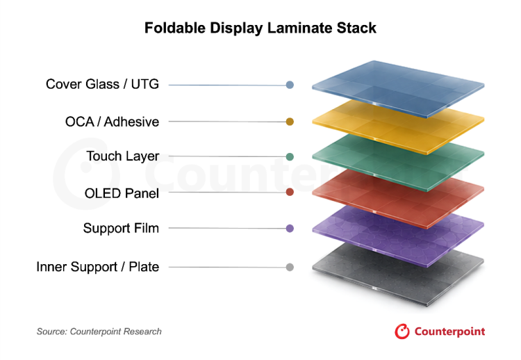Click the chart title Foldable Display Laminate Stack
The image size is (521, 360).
[260, 28]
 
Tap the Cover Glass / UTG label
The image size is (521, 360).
[102, 84]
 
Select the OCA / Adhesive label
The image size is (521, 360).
[112, 122]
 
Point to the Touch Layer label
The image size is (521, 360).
[122, 156]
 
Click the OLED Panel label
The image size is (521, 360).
[122, 193]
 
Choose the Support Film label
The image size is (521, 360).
[121, 228]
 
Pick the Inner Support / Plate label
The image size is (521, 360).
[98, 267]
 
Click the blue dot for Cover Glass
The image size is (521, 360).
[290, 85]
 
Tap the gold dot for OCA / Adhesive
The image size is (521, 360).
[290, 122]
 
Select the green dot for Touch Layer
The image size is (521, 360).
[290, 156]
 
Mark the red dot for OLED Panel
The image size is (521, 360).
[290, 192]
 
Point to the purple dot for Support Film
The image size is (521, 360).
[290, 229]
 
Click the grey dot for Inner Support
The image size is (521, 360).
[290, 267]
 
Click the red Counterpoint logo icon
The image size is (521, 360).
[402, 332]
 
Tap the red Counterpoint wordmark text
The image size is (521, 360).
[450, 332]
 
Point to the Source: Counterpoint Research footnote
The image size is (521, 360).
[99, 332]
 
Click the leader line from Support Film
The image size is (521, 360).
[227, 228]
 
